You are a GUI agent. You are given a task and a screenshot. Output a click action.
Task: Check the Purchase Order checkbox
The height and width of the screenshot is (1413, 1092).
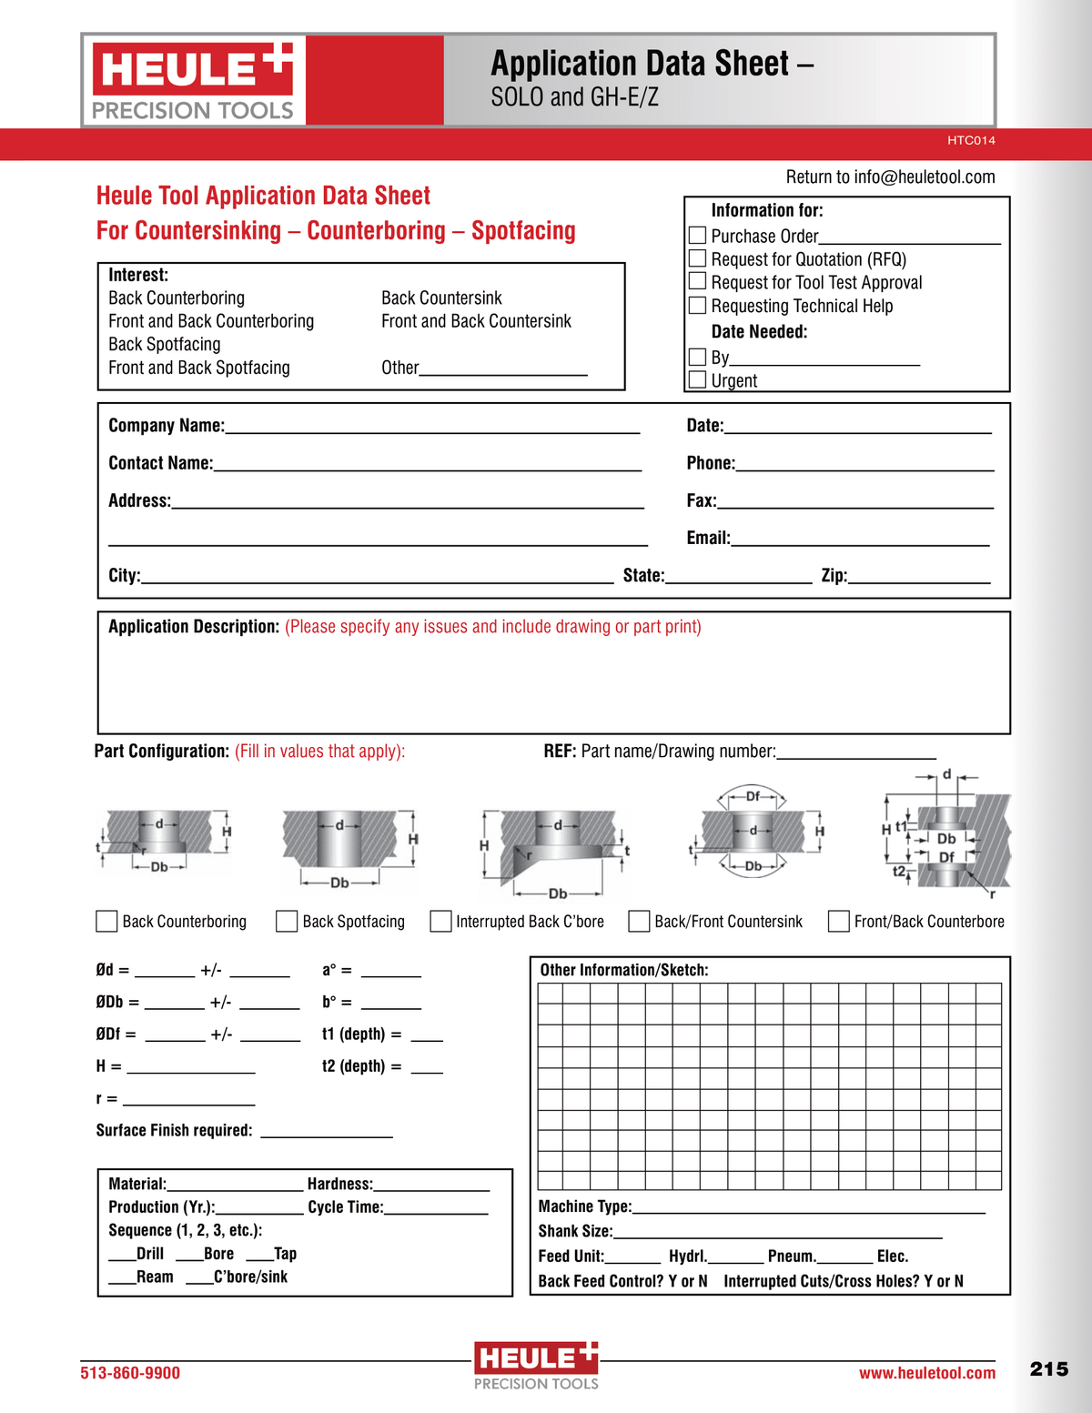[697, 236]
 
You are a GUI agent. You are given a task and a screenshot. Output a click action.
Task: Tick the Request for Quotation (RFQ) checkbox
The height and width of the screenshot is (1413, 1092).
[697, 258]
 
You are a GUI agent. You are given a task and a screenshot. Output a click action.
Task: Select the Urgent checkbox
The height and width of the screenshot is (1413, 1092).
[697, 379]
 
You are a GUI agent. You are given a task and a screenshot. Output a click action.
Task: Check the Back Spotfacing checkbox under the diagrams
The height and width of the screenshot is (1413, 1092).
[287, 922]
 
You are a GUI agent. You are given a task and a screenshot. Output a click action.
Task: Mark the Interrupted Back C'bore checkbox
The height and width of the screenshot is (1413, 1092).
[440, 922]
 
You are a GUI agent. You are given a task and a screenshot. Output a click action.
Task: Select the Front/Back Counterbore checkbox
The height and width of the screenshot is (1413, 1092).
[838, 922]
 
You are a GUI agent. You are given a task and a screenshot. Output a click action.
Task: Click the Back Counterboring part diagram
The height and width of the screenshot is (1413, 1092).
[164, 842]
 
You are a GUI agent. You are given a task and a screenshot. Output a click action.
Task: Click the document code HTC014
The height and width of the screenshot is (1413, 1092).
[971, 141]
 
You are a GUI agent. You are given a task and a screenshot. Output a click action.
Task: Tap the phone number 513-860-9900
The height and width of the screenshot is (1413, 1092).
[130, 1373]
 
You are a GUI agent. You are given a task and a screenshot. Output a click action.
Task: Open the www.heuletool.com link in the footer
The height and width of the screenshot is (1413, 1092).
[926, 1373]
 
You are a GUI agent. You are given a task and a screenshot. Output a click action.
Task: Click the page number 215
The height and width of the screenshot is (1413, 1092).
[1048, 1369]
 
